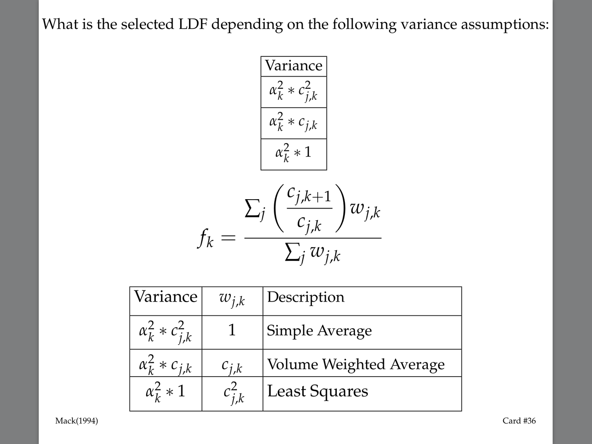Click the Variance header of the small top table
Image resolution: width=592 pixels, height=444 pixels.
[293, 66]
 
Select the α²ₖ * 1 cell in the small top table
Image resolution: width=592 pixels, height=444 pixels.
[293, 153]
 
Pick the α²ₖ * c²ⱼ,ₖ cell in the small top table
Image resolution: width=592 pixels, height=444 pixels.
[293, 92]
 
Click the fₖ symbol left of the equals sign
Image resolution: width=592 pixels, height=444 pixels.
[205, 240]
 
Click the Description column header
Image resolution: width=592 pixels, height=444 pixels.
[306, 297]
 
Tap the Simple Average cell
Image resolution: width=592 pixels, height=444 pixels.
[319, 331]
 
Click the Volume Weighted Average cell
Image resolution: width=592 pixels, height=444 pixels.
[355, 365]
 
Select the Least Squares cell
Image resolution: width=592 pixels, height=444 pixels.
[317, 391]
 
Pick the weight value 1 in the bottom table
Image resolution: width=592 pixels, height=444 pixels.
[232, 330]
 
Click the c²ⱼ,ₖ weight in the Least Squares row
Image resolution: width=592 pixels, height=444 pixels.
[233, 393]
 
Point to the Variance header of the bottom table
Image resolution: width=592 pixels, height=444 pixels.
[166, 297]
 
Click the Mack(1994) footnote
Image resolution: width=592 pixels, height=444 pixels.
[76, 421]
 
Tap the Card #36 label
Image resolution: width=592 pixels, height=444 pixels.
[519, 421]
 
